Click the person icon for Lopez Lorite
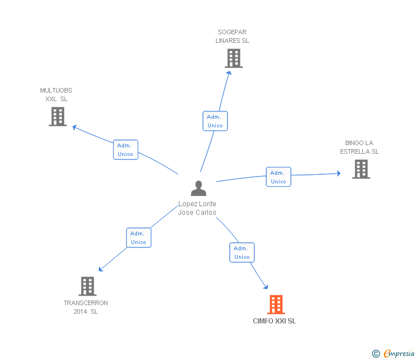click(198, 189)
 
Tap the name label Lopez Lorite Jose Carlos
click(197, 208)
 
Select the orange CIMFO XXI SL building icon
click(276, 305)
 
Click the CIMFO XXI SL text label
click(274, 321)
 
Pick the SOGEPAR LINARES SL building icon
click(233, 58)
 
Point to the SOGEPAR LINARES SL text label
click(232, 37)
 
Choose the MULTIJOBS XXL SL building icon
click(58, 117)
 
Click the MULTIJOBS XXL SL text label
click(56, 95)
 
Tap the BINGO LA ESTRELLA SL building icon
click(361, 169)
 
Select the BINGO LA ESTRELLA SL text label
click(359, 147)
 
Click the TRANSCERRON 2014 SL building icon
click(87, 286)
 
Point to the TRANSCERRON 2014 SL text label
click(86, 307)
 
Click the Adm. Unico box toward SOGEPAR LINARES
click(215, 121)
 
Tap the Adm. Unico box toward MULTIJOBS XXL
click(125, 150)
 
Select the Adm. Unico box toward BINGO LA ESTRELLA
click(278, 177)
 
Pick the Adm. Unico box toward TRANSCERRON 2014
click(138, 238)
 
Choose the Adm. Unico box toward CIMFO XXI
click(242, 253)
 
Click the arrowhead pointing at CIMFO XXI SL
click(265, 286)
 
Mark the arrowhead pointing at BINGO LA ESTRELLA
click(339, 173)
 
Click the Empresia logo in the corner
click(394, 354)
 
